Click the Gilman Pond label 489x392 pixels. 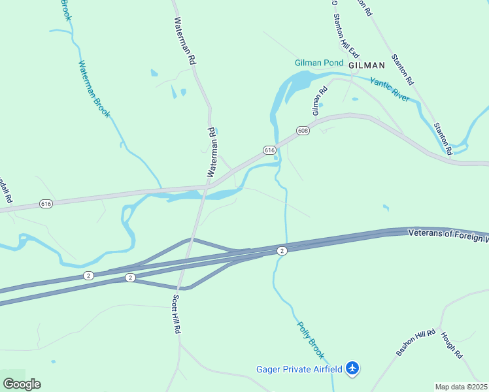[318, 63]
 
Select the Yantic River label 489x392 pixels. [390, 90]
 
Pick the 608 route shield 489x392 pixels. [303, 131]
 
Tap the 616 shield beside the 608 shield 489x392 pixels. [269, 150]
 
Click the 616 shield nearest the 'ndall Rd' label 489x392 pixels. [46, 204]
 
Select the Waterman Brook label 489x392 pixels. [95, 90]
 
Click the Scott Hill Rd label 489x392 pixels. [176, 314]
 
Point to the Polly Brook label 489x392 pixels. [311, 339]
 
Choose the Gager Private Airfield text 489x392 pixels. [299, 369]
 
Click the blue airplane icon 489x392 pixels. [353, 368]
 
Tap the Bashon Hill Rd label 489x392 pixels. [415, 343]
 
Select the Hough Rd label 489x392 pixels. [452, 345]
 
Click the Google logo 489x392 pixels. [22, 384]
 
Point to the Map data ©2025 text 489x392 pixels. [460, 387]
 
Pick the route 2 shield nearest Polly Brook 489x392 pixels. [282, 251]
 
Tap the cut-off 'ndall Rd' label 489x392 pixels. [5, 191]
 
